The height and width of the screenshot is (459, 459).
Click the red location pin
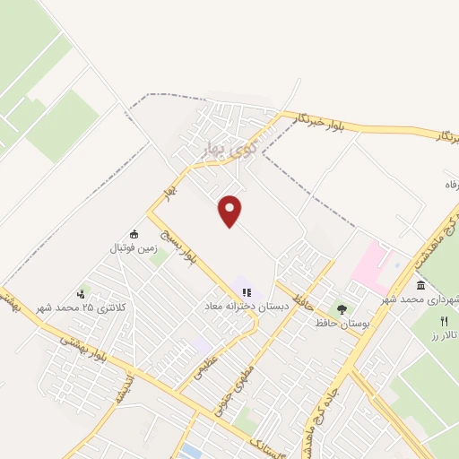[230, 210]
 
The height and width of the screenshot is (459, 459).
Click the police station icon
[82, 292]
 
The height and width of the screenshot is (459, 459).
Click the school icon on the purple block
[247, 291]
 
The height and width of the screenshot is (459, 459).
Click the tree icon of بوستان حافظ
[341, 308]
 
